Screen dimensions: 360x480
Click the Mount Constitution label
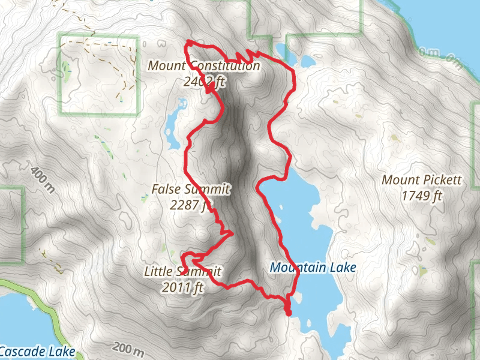(x=203, y=66)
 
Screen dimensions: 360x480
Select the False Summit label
(x=191, y=190)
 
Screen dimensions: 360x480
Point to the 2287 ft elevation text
(x=191, y=205)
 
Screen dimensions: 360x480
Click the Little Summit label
(x=182, y=272)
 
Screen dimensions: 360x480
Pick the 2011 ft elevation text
(x=183, y=288)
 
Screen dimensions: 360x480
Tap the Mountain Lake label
(x=313, y=268)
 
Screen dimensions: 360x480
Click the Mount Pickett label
(x=413, y=180)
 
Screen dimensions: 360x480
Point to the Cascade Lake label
(x=37, y=351)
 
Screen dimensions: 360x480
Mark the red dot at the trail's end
(x=288, y=312)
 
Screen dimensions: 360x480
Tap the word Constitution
(x=224, y=66)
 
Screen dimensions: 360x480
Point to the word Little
(x=158, y=272)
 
